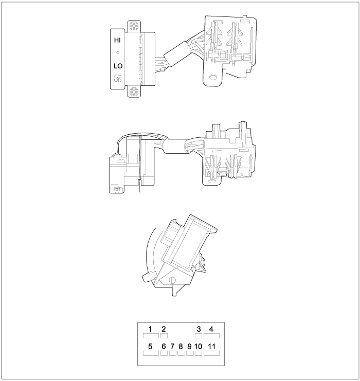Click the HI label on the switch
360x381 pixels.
pos(117,40)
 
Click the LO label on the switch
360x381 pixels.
pos(118,66)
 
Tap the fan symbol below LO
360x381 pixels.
pos(118,78)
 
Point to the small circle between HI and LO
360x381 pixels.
pos(118,52)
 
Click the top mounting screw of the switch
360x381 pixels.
pos(134,26)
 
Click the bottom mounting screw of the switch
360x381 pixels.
pos(134,92)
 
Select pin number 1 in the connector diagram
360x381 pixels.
pos(150,329)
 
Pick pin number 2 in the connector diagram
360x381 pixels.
pos(164,329)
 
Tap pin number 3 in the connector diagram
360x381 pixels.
pos(199,329)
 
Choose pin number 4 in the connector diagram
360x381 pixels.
pos(211,329)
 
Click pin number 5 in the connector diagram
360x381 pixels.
pos(150,346)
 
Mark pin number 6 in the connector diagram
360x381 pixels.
pos(164,346)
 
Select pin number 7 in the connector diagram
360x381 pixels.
pos(172,346)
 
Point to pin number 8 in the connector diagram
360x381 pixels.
pos(181,346)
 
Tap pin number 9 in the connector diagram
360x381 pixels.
pos(189,346)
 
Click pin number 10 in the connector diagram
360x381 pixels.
pos(199,346)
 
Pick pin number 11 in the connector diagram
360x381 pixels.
pos(211,346)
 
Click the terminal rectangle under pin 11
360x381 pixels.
pos(211,353)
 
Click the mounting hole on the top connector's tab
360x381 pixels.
pos(213,77)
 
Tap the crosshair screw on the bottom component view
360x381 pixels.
pos(172,280)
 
